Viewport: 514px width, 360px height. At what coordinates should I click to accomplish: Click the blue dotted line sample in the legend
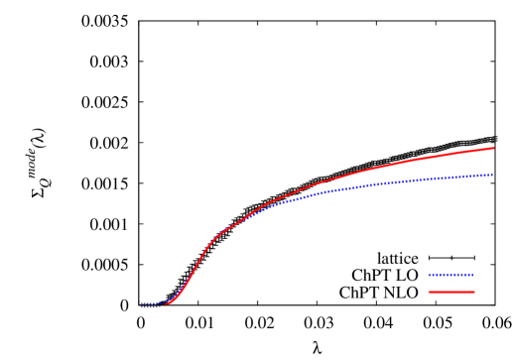coord(450,275)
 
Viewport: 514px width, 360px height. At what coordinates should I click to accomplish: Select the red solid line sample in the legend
coord(451,292)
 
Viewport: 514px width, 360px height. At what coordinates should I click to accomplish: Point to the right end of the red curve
coord(493,148)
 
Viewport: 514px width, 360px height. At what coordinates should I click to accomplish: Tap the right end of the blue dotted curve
coord(493,175)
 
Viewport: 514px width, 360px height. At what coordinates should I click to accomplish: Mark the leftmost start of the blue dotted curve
coord(143,304)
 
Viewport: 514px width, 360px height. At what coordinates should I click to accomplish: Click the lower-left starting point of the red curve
coord(165,303)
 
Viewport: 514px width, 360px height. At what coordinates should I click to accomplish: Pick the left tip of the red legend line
coord(429,292)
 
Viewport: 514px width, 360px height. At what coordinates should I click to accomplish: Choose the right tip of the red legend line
coord(474,292)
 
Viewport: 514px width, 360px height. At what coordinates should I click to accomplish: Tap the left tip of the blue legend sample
coord(429,275)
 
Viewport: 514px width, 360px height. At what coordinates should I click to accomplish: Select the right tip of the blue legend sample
coord(473,275)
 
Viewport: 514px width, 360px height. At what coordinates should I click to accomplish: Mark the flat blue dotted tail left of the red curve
coord(152,304)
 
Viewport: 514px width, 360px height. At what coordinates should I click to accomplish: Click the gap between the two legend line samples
coord(451,284)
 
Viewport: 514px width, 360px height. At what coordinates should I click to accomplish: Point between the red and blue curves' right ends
coord(493,162)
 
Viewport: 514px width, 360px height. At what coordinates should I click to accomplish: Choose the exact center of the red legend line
coord(451,292)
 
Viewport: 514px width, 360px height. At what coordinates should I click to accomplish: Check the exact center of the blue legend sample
coord(450,275)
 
